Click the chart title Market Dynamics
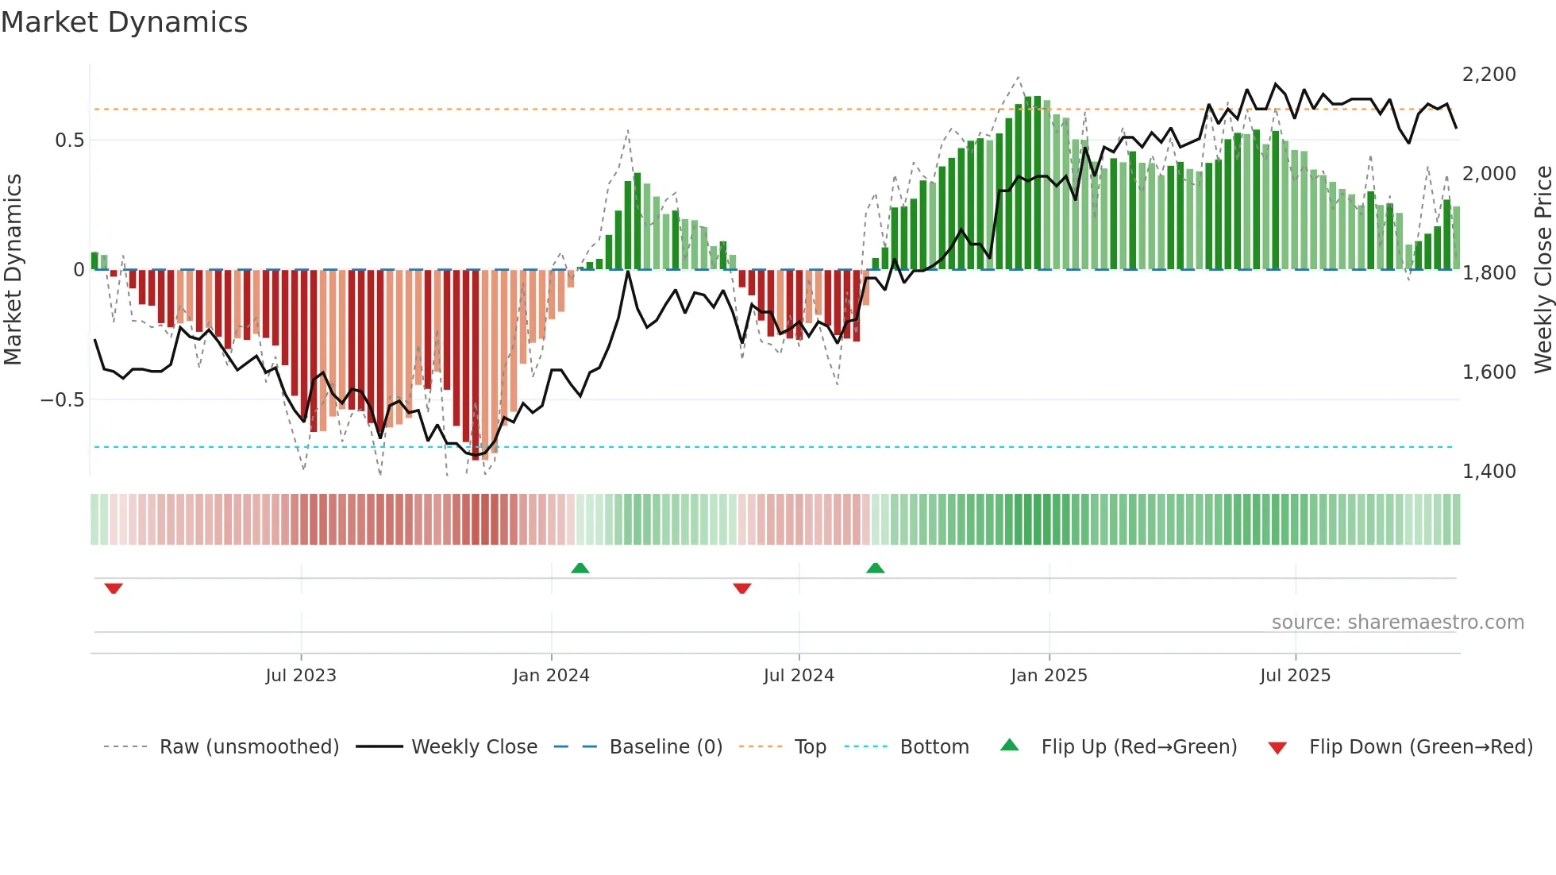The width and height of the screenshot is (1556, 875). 124,22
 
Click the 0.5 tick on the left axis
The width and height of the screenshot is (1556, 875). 69,141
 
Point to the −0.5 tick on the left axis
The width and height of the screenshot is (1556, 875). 62,399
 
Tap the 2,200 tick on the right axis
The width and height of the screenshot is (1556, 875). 1489,75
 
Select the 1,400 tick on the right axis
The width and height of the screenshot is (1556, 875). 1489,472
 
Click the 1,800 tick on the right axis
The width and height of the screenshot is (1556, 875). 1489,273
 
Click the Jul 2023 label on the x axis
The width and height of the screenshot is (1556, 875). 301,676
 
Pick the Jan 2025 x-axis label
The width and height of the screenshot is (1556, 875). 1049,676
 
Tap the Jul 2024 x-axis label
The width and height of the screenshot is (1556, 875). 799,676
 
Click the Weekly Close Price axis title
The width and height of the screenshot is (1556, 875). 1543,270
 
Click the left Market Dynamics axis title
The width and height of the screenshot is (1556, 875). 13,270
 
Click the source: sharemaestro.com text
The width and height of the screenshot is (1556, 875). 1397,623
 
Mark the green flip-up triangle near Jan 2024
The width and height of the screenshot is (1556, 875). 580,569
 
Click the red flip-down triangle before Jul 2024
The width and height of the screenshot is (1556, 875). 742,588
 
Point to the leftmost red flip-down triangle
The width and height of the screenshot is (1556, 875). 114,588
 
